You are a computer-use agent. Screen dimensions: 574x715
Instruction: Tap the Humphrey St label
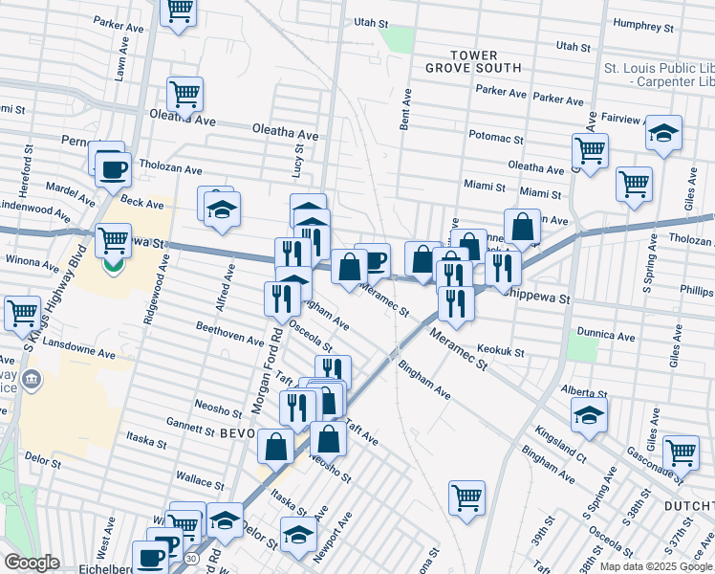coord(644,24)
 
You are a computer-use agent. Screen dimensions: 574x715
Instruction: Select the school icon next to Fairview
coord(662,134)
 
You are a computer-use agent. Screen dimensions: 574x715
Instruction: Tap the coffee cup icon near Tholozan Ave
coord(113,168)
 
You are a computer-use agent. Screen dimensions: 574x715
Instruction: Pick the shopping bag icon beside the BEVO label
coord(275,447)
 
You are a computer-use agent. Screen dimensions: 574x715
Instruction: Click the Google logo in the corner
coord(32,563)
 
